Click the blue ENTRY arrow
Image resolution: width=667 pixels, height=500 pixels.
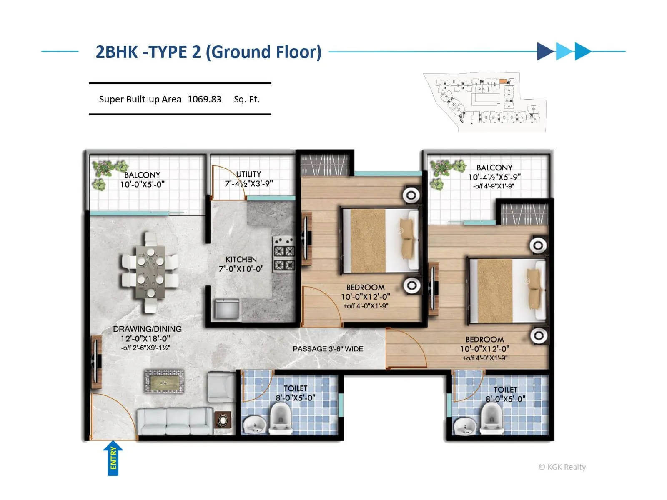(x=113, y=458)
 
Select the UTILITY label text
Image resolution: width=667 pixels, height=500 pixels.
(x=248, y=174)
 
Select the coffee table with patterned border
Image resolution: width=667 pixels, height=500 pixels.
(x=164, y=381)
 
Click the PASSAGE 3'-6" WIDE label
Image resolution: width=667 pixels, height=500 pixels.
(x=328, y=349)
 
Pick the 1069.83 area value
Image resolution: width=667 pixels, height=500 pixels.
(x=204, y=99)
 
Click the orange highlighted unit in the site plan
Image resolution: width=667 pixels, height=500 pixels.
(x=503, y=81)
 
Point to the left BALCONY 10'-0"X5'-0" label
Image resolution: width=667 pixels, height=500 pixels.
(x=142, y=180)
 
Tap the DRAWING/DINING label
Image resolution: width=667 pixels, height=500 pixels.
(x=147, y=329)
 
